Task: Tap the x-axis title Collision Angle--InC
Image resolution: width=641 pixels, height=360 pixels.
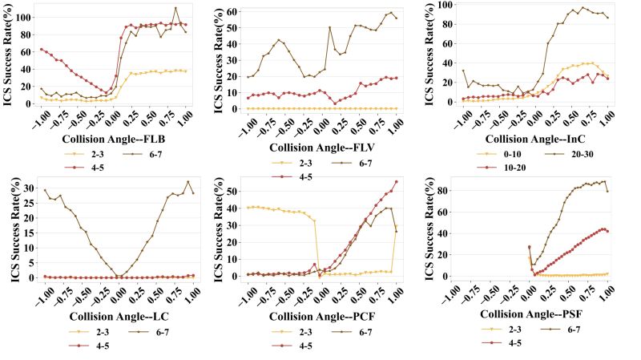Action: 534,138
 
